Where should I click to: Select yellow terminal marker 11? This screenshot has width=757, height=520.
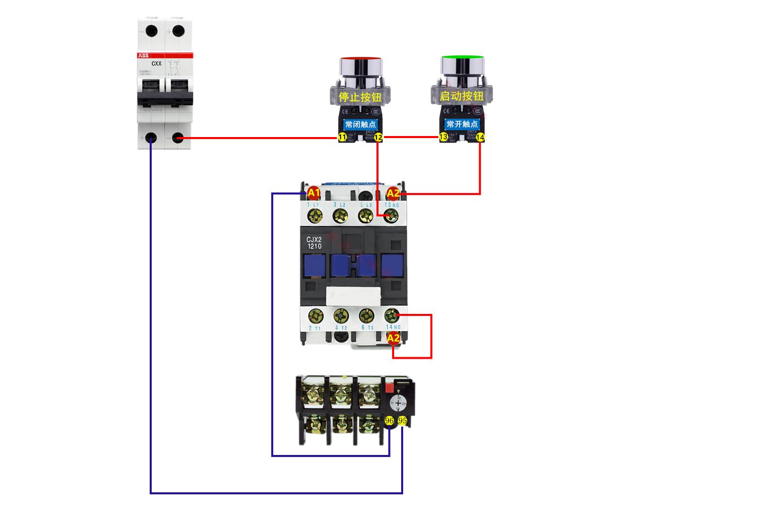tap(342, 137)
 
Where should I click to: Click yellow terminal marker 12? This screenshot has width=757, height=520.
tap(379, 137)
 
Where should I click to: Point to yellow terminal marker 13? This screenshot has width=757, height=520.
tap(444, 137)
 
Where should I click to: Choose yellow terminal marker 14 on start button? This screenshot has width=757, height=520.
tap(480, 137)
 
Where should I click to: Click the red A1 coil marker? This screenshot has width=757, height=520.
tap(313, 192)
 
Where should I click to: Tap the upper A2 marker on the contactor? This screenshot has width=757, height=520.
tap(393, 193)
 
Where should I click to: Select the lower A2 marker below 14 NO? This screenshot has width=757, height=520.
tap(394, 338)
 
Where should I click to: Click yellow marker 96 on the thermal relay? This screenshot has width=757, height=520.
tap(389, 420)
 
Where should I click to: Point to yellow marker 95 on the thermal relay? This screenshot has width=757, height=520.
tap(402, 420)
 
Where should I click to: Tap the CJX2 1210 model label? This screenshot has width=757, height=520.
tap(313, 243)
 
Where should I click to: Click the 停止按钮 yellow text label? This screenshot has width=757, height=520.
tap(360, 96)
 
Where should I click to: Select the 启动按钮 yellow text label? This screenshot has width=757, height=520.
tap(462, 96)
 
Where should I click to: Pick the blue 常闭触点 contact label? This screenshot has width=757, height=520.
tap(360, 124)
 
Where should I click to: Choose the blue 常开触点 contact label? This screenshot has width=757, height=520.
tap(462, 123)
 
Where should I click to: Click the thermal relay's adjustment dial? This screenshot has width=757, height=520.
tap(398, 403)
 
